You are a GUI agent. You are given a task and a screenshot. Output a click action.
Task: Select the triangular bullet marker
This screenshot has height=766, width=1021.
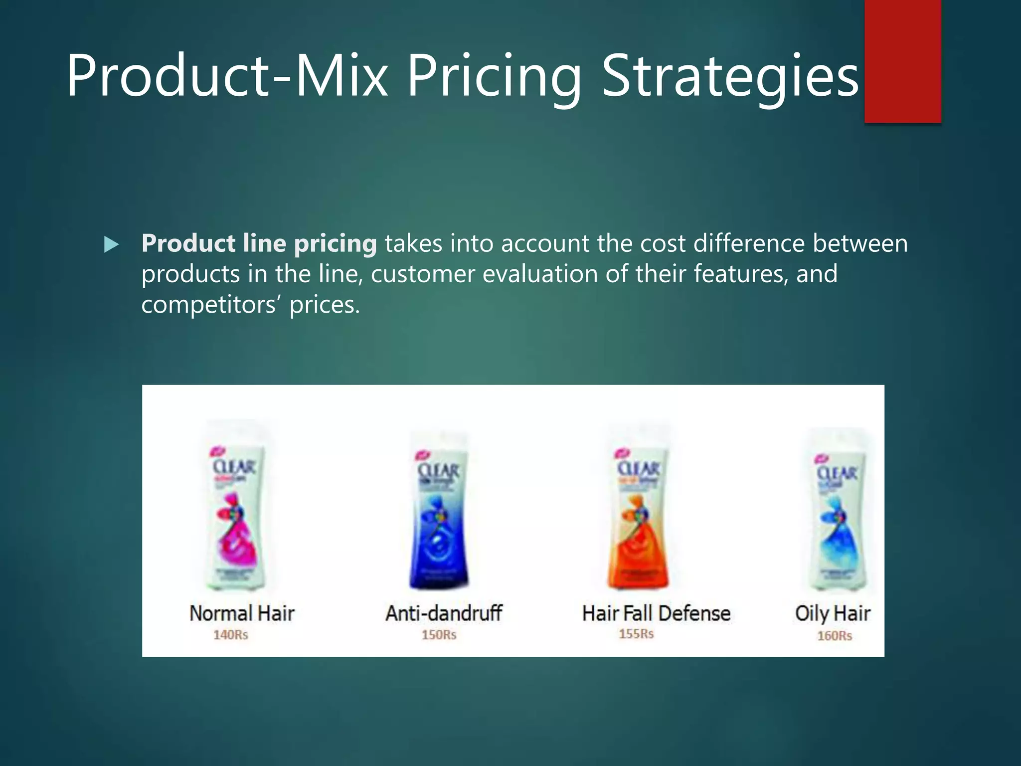pos(111,245)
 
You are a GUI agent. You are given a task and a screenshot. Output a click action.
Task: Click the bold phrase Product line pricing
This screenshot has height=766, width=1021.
pos(259,244)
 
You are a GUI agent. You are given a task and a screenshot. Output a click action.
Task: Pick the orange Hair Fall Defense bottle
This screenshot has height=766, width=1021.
pos(638,514)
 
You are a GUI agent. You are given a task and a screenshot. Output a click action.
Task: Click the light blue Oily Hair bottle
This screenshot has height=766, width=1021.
pos(838,514)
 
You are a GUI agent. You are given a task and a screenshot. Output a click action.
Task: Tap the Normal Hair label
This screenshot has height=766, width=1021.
pos(242,613)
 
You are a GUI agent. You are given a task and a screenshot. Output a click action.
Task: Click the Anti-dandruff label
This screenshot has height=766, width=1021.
pos(444,613)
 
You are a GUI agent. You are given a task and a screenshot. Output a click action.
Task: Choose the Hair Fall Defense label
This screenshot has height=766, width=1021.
pos(656,613)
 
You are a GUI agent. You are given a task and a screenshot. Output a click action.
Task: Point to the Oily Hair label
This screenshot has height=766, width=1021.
pos(833,613)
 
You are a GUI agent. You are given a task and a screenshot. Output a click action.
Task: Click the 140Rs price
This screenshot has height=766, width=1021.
pos(230,635)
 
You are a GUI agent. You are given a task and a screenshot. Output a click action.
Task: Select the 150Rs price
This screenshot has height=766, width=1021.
pos(439,635)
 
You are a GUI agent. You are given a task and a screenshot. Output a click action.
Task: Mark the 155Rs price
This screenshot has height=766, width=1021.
pos(636,634)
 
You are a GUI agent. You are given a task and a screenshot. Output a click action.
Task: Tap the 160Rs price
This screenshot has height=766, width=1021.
pos(835,636)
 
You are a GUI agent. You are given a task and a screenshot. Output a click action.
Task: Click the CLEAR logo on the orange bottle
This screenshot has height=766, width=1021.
pos(639,469)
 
